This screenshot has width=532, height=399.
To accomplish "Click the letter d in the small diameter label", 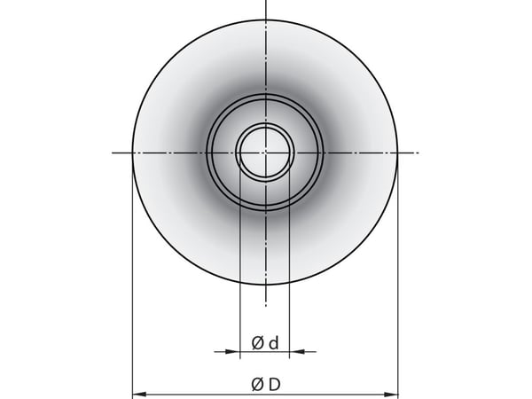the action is tap(273, 343).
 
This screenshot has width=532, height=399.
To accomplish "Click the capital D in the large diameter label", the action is tap(275, 385).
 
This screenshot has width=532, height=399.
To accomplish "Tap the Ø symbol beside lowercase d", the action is tap(257, 343).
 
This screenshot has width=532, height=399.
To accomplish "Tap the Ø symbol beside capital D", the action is tap(257, 385).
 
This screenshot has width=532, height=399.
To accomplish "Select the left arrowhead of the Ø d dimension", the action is tap(233, 352).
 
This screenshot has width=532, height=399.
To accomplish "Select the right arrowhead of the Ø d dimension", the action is tap(296, 352).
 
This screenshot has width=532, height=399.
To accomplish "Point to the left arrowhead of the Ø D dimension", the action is tap(139, 395).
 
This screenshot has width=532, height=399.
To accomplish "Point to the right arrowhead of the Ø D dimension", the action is tap(390, 395).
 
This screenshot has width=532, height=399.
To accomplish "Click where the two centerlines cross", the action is tap(266, 153).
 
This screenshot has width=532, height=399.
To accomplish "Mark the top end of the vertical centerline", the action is tap(266, 0).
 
